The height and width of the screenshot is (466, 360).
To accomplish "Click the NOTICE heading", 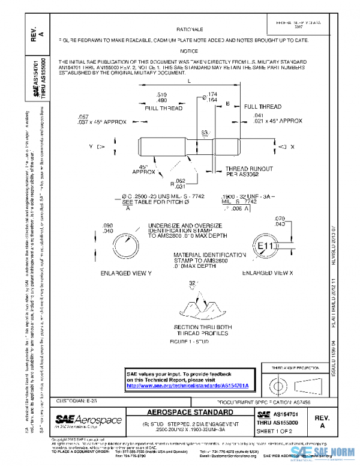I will tap(189, 52).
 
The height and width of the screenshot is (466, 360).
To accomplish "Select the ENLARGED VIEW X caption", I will tap(266, 273).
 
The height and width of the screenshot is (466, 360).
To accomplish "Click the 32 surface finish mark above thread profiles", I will tap(193, 283).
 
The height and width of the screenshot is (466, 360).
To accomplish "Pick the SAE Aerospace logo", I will tap(88, 419).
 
